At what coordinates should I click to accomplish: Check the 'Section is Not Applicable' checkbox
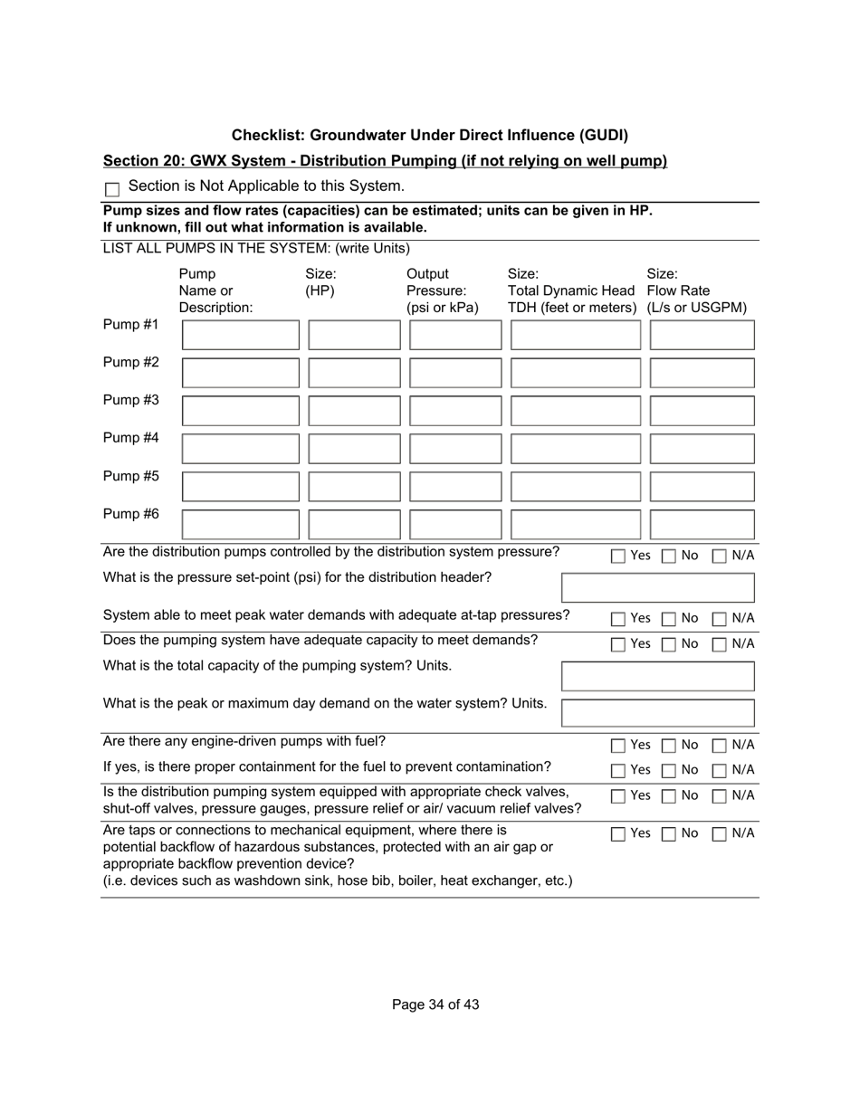click(112, 189)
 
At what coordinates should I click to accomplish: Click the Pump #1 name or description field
click(240, 335)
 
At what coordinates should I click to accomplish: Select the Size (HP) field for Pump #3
click(354, 411)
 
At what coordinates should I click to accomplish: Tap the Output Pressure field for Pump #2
click(455, 373)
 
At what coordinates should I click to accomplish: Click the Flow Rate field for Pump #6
click(702, 525)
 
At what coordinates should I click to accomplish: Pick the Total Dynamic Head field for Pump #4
click(576, 449)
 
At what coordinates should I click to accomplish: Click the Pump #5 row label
click(131, 476)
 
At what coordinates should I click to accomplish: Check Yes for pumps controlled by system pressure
click(617, 556)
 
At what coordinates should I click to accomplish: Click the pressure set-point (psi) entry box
click(657, 588)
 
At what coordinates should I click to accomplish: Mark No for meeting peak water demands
click(667, 619)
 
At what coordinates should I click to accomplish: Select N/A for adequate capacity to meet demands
click(719, 644)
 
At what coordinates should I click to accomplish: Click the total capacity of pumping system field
click(657, 676)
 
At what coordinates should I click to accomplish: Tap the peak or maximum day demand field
click(657, 712)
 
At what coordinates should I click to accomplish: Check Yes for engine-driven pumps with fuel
click(617, 746)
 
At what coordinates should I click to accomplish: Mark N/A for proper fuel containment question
click(719, 771)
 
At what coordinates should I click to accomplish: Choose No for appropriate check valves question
click(667, 796)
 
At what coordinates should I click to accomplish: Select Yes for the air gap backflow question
click(617, 834)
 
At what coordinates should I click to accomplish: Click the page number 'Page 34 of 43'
click(435, 1004)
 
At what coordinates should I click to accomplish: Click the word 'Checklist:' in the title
click(268, 135)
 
